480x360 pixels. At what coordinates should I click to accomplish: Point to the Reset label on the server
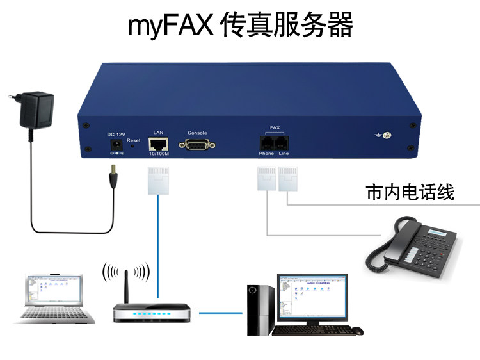tap(133, 140)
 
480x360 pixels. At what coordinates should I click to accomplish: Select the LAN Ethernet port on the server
tap(157, 145)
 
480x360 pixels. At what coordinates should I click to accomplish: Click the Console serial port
tap(197, 146)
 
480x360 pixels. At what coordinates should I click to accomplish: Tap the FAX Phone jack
tap(266, 143)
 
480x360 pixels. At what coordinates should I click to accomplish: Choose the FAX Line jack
tap(283, 143)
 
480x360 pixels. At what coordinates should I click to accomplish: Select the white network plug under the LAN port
tap(157, 179)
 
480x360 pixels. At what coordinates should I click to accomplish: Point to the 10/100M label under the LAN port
tap(157, 154)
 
